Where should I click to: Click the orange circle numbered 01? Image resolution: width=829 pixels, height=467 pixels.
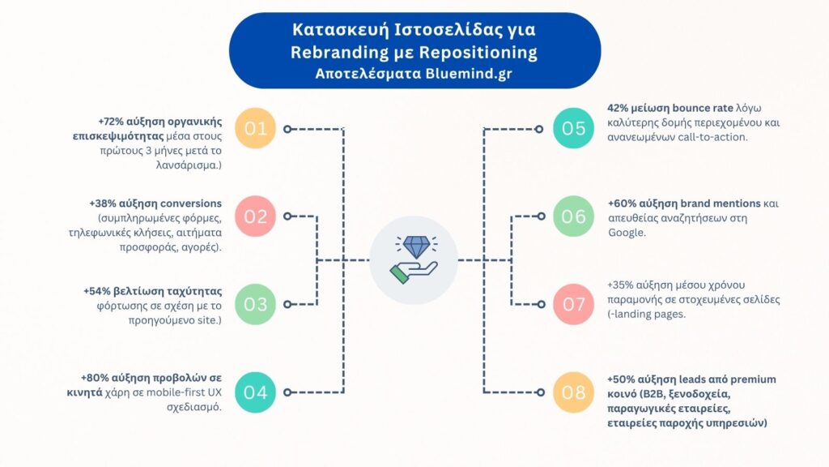coord(255,129)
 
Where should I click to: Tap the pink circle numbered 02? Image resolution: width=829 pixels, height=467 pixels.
coord(255,216)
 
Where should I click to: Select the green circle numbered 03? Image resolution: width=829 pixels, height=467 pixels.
coord(255,304)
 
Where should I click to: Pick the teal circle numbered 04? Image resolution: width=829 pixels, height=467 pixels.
coord(255,392)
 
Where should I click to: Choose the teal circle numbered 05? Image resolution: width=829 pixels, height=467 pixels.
coord(574,129)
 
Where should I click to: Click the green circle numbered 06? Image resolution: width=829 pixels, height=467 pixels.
coord(574,216)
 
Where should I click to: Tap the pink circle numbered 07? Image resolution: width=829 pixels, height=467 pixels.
coord(574,304)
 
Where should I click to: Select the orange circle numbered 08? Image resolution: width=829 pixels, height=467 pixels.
coord(574,392)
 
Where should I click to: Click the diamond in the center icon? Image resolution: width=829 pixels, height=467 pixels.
coord(414,246)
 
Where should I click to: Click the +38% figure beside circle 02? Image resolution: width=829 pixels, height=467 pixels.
coord(104,204)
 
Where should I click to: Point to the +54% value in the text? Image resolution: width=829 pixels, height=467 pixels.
coord(98,291)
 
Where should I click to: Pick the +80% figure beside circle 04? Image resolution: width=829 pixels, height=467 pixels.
coord(95,379)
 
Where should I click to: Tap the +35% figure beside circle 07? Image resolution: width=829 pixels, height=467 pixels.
coord(621,285)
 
